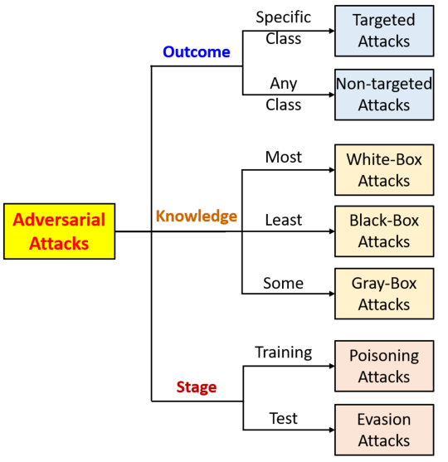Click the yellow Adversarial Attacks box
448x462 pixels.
[59, 231]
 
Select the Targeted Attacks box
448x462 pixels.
[384, 31]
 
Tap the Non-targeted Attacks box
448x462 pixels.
[384, 95]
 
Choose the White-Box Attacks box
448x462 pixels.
[384, 170]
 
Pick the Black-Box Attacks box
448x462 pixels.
[384, 231]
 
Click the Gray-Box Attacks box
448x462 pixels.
[384, 294]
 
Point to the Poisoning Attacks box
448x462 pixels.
[384, 366]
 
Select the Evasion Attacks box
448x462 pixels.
[384, 430]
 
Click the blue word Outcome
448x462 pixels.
[197, 52]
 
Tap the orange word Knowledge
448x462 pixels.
[197, 216]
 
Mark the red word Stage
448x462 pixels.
[197, 387]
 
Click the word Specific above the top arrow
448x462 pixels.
[283, 17]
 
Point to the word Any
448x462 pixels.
[284, 84]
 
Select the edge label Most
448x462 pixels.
[284, 157]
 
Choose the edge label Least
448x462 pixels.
[284, 220]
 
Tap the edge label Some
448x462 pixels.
[283, 283]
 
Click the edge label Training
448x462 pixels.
[283, 353]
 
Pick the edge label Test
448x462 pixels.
[283, 418]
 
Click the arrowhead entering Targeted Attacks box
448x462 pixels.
[332, 31]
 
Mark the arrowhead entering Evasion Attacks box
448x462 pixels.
[332, 430]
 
